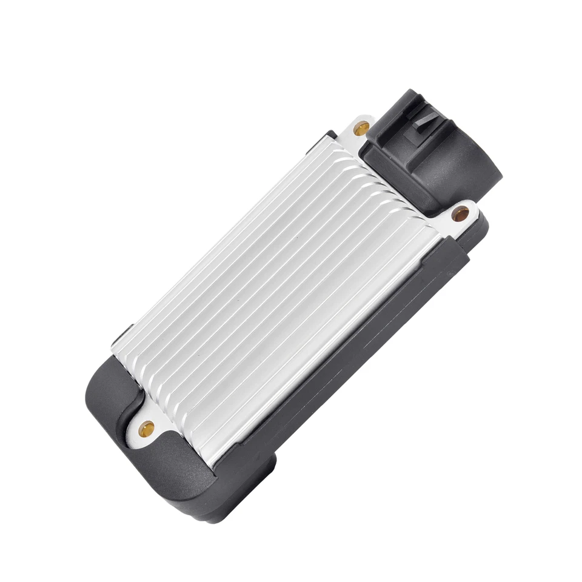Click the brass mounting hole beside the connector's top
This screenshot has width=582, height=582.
(361, 128)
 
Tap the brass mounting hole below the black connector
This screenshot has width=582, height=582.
(460, 213)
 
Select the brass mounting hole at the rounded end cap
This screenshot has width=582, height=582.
(146, 430)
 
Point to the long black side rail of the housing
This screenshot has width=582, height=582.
(339, 370)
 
